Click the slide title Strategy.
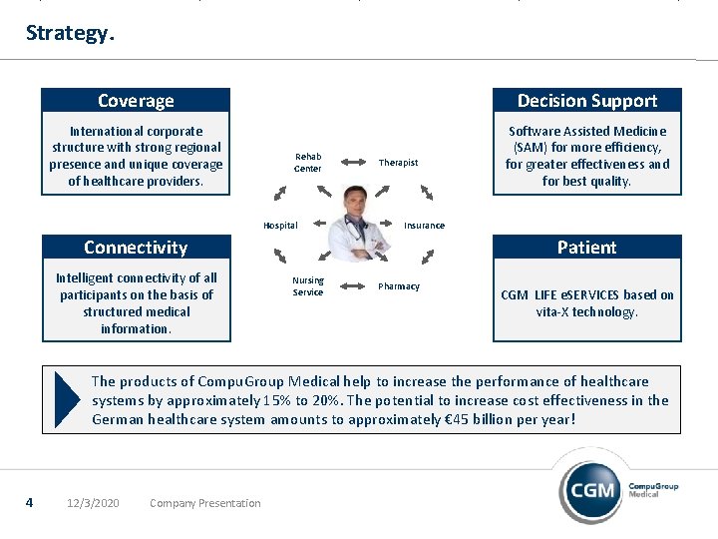70,33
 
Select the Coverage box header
136,101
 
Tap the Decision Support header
586,101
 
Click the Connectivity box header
136,248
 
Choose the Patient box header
586,248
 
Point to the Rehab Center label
308,163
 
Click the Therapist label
398,163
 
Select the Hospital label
280,226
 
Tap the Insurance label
424,226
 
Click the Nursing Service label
308,286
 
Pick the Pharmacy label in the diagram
399,286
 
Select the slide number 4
30,502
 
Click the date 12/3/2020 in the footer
92,503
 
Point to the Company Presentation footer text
204,503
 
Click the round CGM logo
592,490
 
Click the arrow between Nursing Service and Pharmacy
352,287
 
